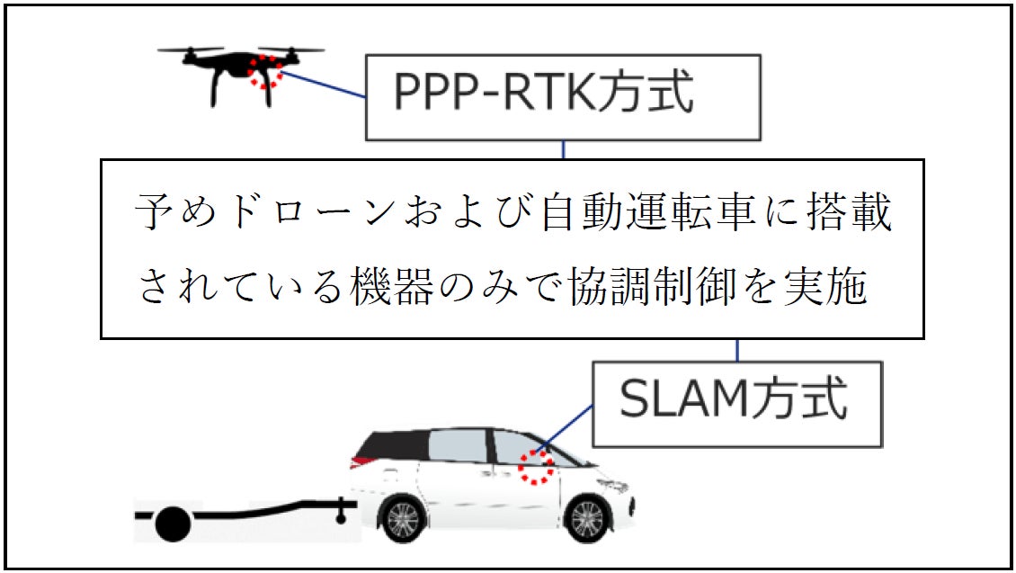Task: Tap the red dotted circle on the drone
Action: tap(265, 70)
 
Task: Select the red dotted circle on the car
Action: tap(536, 467)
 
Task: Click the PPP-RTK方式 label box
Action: tap(563, 97)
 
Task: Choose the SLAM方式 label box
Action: tap(736, 404)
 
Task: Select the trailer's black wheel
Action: tap(172, 524)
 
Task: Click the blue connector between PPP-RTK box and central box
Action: tap(563, 150)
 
